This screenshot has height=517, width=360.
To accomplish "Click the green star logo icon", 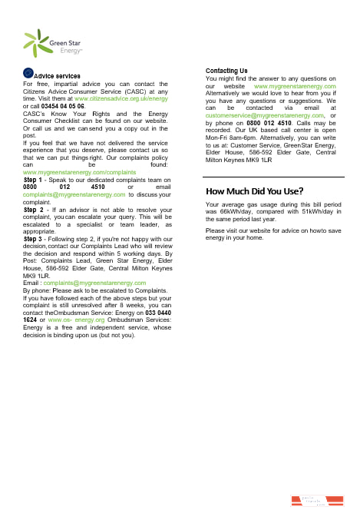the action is [x=35, y=44].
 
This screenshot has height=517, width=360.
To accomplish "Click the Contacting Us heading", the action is [x=226, y=71].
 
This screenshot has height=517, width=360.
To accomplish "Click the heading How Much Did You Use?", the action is [x=254, y=191].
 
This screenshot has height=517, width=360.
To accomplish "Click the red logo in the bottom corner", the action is [x=310, y=501].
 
